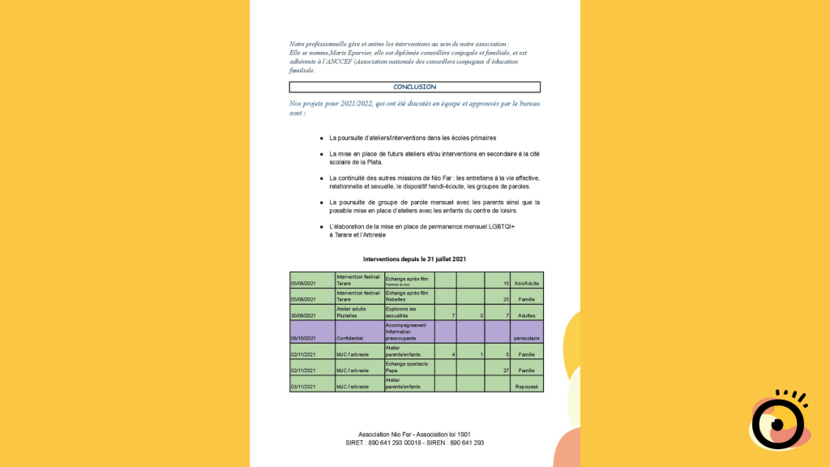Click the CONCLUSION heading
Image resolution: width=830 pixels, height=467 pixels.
(x=414, y=87)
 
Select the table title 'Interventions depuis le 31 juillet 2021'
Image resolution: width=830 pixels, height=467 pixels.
(x=413, y=259)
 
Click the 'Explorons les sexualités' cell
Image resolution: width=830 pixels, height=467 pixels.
(x=409, y=312)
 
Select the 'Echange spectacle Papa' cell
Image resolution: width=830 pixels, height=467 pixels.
(x=409, y=367)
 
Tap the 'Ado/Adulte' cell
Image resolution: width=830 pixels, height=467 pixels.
(x=527, y=283)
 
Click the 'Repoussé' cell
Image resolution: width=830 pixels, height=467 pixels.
(x=527, y=387)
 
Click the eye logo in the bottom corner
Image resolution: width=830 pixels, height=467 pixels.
(x=777, y=421)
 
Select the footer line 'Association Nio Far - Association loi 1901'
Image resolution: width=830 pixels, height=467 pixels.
(x=414, y=435)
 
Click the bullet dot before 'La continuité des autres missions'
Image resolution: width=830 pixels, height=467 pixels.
(x=322, y=178)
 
